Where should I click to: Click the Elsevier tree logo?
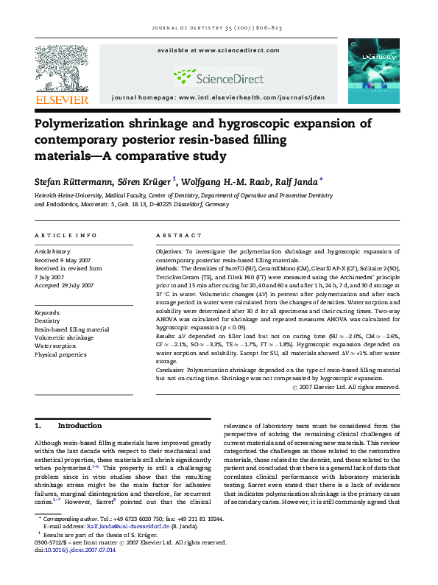point(62,69)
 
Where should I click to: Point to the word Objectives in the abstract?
point(170,252)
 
